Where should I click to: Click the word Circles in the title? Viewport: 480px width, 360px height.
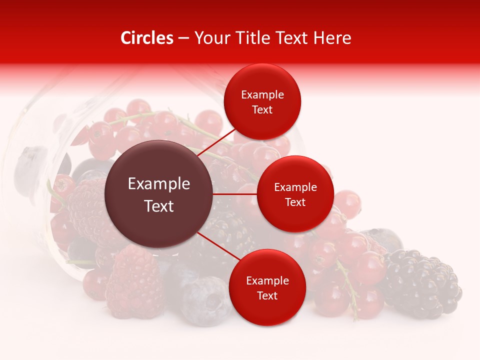click(x=146, y=38)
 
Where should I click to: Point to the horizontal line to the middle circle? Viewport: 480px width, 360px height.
click(x=235, y=194)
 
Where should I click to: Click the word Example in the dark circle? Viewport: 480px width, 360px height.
click(x=159, y=184)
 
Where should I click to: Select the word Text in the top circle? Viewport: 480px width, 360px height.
click(x=262, y=109)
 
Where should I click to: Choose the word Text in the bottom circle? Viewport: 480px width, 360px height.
click(x=267, y=295)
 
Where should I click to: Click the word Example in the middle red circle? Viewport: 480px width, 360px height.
click(x=295, y=187)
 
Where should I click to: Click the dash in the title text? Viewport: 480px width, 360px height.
click(x=183, y=38)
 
